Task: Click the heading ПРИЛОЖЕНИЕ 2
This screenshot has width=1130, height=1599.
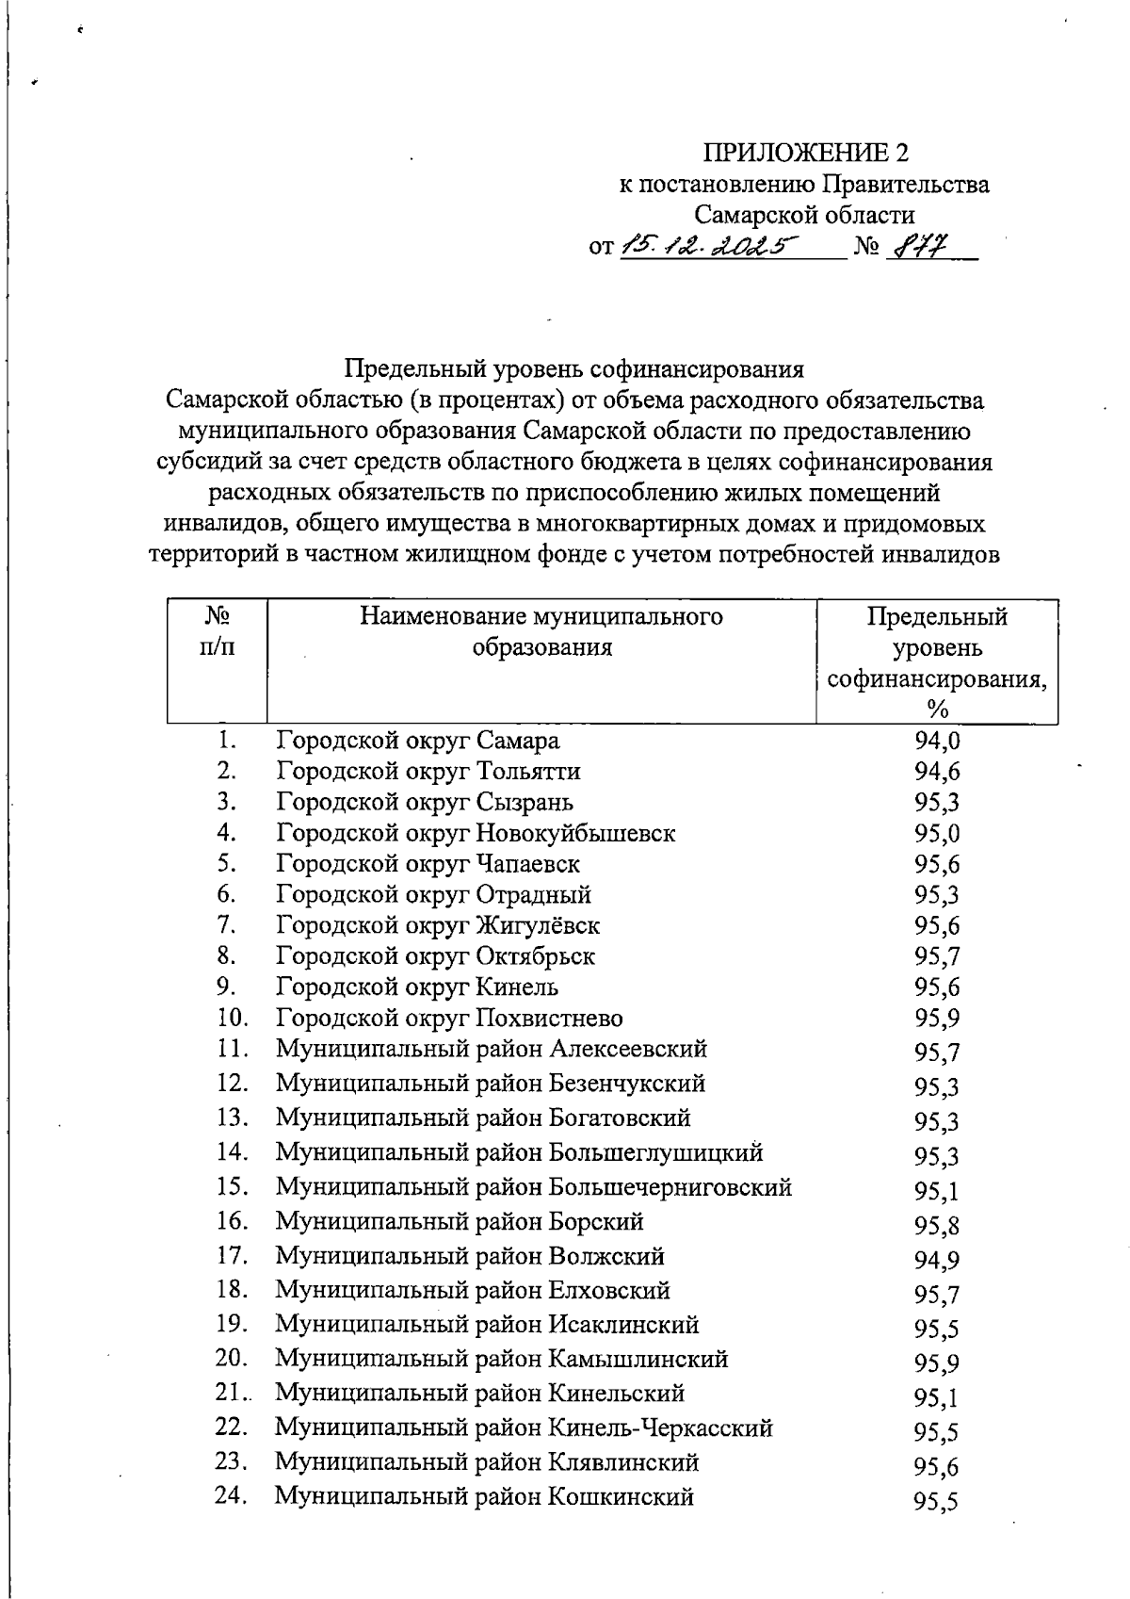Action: (807, 153)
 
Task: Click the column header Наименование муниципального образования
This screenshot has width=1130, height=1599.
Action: (541, 632)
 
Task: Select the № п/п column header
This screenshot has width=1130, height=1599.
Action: (218, 632)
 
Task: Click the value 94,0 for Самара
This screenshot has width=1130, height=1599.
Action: (937, 742)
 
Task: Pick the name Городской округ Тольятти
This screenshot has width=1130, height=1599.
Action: (428, 772)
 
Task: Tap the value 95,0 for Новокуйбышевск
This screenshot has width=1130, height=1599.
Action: (937, 834)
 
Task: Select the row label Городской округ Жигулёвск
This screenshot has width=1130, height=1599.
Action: (438, 926)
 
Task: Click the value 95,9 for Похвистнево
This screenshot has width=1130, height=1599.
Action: (937, 1019)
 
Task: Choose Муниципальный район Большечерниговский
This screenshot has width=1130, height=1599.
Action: (533, 1187)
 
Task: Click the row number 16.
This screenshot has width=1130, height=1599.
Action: (232, 1221)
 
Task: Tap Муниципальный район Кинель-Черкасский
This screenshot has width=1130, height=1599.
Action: (524, 1428)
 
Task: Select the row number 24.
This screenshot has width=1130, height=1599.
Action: (232, 1496)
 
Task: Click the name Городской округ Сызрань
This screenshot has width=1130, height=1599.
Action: (425, 803)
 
